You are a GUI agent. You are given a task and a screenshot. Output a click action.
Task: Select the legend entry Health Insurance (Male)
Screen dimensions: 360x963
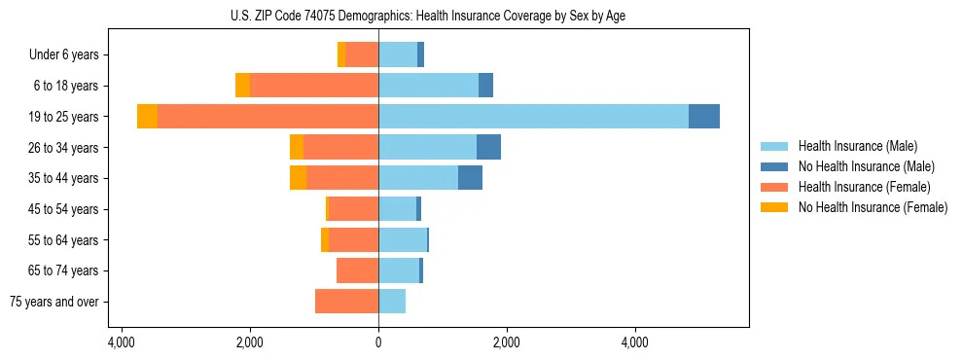pos(857,146)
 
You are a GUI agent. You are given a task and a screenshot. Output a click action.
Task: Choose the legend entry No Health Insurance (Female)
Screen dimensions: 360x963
pos(872,207)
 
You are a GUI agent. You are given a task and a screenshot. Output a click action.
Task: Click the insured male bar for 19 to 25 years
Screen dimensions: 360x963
pos(533,117)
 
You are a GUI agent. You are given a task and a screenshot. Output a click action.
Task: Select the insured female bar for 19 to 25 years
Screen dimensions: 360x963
pos(267,117)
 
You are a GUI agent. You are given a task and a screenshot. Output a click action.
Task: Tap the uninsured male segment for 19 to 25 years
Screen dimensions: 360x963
pos(704,117)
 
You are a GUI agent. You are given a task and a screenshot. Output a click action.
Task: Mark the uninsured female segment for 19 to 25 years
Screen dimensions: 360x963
pos(147,117)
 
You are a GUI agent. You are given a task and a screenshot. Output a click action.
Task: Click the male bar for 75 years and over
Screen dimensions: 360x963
pos(392,302)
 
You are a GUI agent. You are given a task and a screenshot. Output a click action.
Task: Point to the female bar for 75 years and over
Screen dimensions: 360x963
pos(346,302)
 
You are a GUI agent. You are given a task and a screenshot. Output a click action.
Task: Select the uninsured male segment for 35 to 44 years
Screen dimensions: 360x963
pos(470,178)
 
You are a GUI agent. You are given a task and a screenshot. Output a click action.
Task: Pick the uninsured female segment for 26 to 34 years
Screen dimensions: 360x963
pos(297,147)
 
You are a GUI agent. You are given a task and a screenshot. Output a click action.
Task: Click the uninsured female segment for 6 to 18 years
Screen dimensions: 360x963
pos(242,86)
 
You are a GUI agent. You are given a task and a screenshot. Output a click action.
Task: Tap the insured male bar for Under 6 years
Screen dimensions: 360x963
pos(398,54)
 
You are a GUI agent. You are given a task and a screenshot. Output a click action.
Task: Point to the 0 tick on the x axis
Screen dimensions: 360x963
pos(378,342)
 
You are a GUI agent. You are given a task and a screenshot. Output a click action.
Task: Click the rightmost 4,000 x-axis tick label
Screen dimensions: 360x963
pos(634,342)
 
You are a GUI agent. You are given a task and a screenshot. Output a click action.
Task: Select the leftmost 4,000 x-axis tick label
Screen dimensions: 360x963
pos(122,342)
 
